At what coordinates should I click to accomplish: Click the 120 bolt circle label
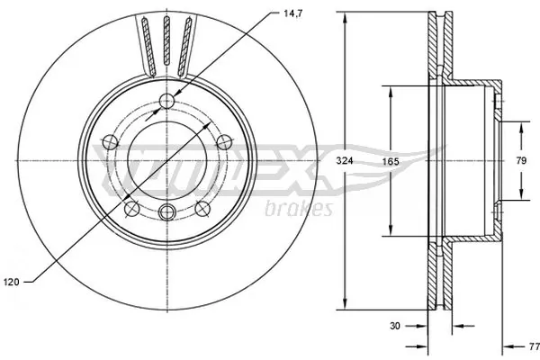pos(12,282)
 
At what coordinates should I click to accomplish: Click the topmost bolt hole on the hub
pos(166,101)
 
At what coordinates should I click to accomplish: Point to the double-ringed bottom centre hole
pos(166,211)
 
